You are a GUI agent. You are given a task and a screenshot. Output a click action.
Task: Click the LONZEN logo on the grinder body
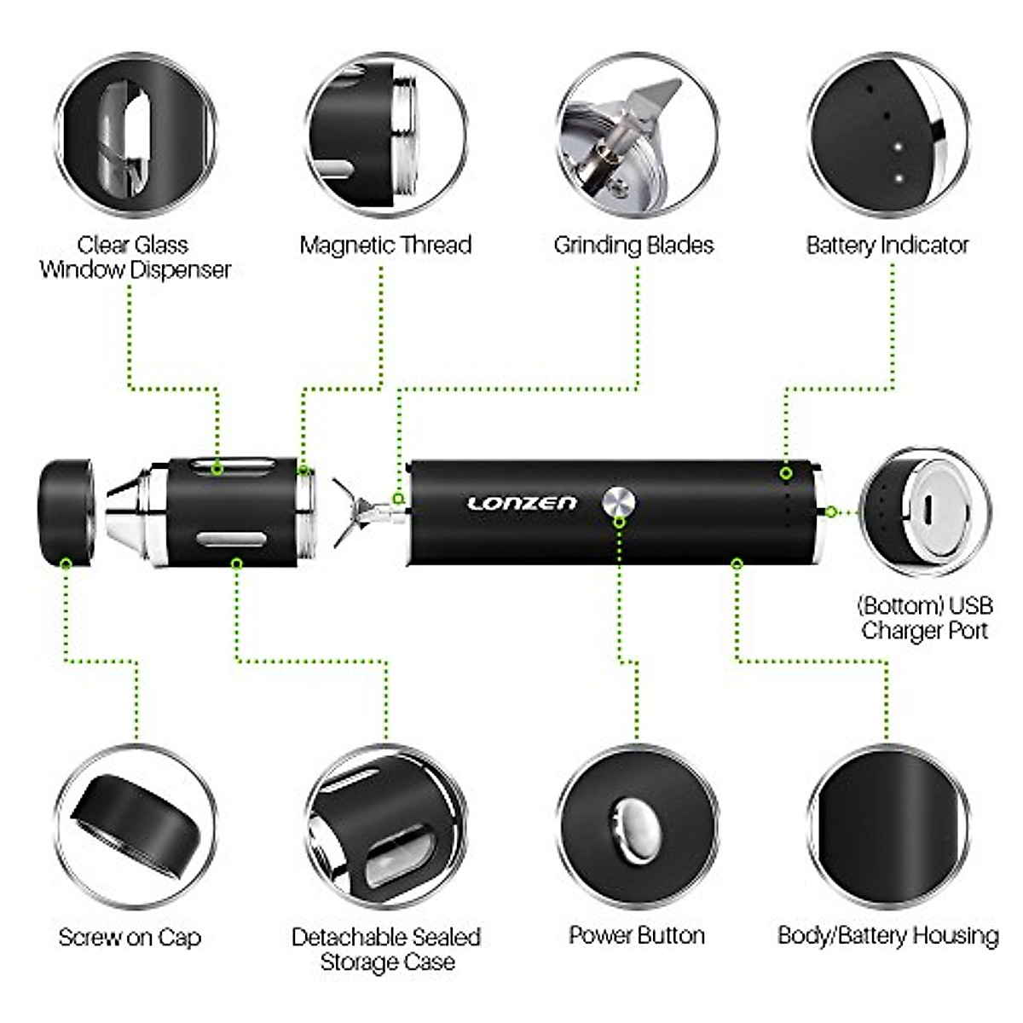point(522,503)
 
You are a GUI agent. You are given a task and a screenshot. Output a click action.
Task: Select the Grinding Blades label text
point(633,246)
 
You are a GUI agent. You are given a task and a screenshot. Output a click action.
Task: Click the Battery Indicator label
point(887,246)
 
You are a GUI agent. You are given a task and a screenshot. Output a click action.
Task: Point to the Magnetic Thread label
point(385,246)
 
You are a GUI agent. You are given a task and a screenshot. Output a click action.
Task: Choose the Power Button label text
point(637,935)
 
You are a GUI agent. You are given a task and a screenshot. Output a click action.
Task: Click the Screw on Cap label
point(130,938)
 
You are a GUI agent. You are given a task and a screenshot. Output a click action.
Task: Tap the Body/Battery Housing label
point(887,935)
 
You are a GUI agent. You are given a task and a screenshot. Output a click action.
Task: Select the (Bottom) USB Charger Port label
point(924,618)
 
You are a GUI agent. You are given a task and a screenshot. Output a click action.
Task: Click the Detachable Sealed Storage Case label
point(386,949)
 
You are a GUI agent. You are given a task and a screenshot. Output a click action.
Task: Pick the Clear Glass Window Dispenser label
point(134,257)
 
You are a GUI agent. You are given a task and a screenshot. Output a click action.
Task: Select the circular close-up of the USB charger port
point(925,511)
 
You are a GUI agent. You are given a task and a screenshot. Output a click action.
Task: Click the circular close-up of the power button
point(637,827)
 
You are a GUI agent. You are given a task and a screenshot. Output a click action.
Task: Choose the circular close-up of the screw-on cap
point(135,827)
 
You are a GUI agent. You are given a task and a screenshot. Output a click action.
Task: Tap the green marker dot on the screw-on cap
point(66,563)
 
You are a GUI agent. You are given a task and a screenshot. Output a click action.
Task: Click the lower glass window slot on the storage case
point(230,539)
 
